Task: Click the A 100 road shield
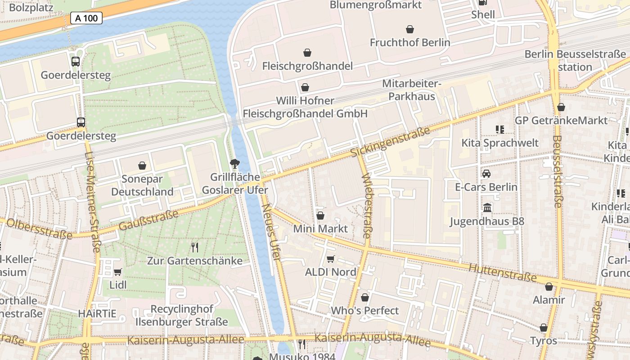86,18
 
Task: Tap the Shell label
483,14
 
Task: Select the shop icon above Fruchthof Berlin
410,30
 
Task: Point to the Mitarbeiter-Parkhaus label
412,90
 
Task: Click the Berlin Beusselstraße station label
575,60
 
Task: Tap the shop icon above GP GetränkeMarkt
561,107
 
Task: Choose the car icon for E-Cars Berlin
486,174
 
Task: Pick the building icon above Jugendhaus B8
487,208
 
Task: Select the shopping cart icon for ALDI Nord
330,259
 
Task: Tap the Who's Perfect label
364,310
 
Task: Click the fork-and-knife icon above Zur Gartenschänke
194,247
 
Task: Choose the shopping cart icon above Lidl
117,272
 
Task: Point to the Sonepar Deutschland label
142,185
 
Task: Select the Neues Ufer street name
271,232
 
